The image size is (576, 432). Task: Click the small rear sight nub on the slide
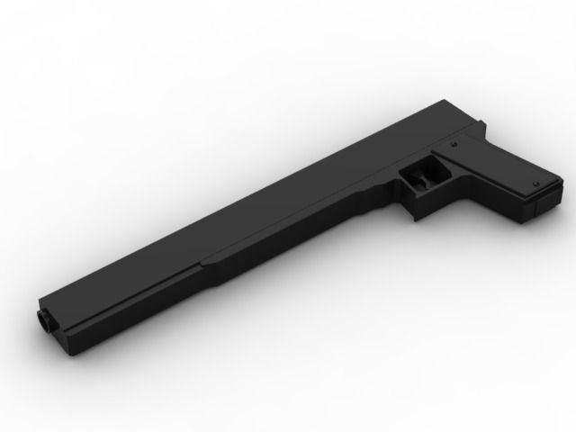click(x=467, y=103)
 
